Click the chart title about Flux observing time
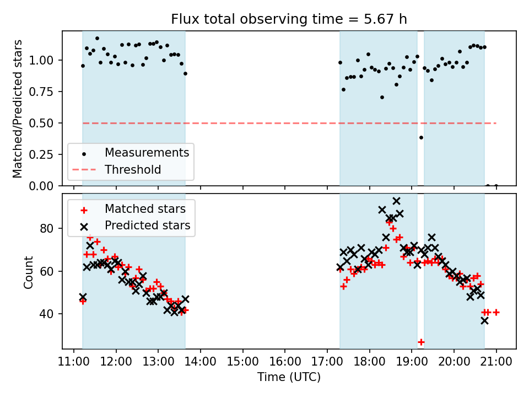click(289, 19)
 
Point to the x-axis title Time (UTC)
click(289, 377)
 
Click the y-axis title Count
click(28, 272)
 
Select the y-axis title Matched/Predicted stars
click(18, 109)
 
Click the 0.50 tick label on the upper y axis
click(45, 123)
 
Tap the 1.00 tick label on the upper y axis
click(45, 60)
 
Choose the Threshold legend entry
click(133, 169)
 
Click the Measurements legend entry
click(147, 152)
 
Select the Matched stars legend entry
click(145, 209)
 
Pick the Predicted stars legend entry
click(147, 225)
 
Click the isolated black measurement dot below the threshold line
click(421, 137)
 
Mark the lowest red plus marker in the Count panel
click(421, 342)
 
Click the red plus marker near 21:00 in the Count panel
click(496, 312)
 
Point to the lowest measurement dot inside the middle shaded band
click(382, 97)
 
